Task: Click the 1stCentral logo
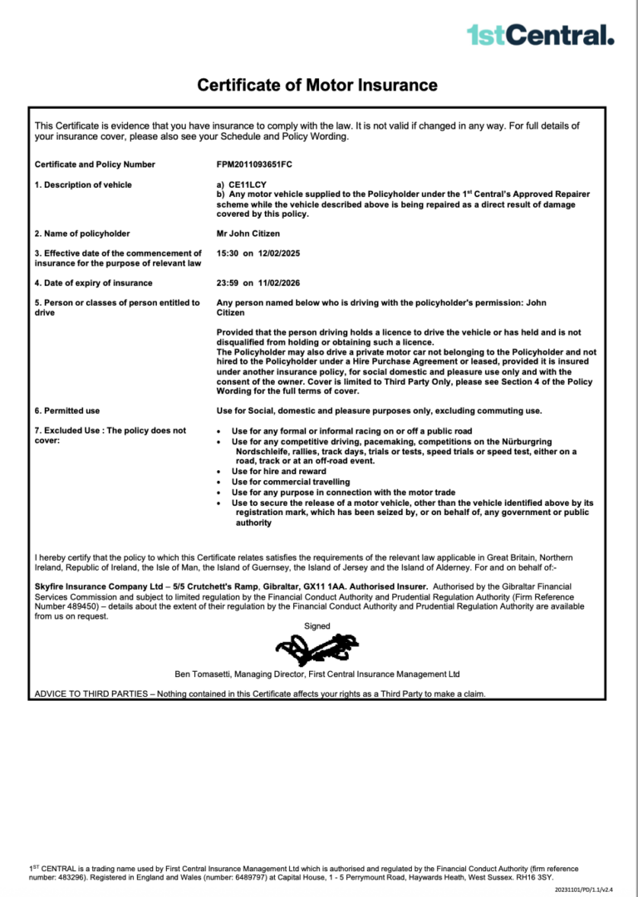pos(540,34)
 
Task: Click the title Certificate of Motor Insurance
pos(317,85)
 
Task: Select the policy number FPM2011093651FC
pos(254,164)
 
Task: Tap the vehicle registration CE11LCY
pos(248,184)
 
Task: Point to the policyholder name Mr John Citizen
pos(248,234)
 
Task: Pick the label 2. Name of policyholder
pos(81,234)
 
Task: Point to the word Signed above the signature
pos(317,626)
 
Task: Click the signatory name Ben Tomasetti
pos(204,674)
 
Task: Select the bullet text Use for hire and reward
pos(278,472)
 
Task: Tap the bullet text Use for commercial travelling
pos(290,482)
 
